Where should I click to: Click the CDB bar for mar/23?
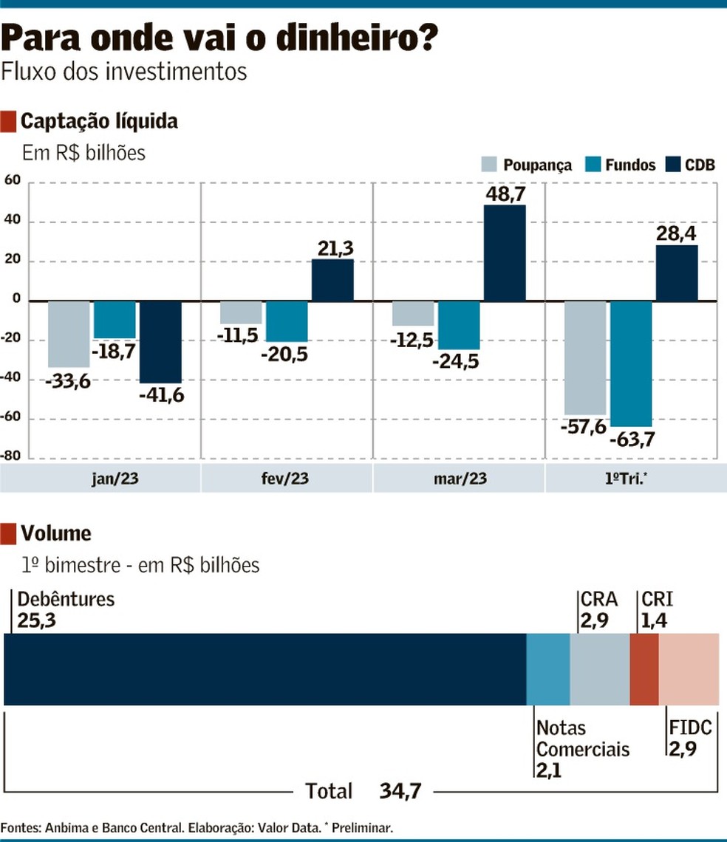505,253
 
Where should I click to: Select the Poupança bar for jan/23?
69,334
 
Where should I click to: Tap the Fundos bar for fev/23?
287,321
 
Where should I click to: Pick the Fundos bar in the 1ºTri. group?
631,363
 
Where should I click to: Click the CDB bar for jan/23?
160,342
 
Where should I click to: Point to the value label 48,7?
505,194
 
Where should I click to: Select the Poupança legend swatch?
489,165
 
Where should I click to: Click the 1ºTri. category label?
630,478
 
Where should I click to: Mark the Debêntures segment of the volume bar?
264,669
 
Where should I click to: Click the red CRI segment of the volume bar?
644,669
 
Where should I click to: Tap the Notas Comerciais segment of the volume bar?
547,669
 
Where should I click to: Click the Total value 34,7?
400,792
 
